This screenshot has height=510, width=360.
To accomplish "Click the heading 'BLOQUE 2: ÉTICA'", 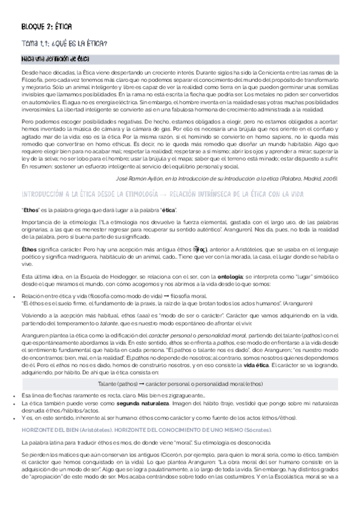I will [x=46, y=28].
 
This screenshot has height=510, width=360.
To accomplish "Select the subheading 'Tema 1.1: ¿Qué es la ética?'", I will [x=65, y=43].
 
